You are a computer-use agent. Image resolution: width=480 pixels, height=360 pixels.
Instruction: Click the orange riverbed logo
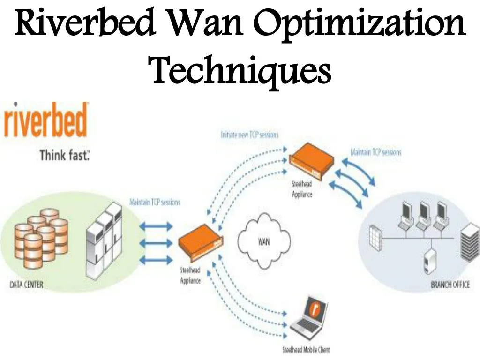pyautogui.click(x=46, y=121)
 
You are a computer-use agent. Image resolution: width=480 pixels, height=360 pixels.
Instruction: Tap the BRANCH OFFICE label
pyautogui.click(x=450, y=285)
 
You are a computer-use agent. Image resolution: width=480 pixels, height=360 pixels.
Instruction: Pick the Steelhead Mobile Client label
pyautogui.click(x=306, y=350)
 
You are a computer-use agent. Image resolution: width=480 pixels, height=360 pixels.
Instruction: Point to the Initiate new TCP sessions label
pyautogui.click(x=249, y=135)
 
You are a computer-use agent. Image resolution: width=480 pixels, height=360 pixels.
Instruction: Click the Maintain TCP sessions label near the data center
pyautogui.click(x=155, y=202)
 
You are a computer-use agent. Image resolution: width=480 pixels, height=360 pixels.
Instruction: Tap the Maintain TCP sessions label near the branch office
pyautogui.click(x=376, y=152)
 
